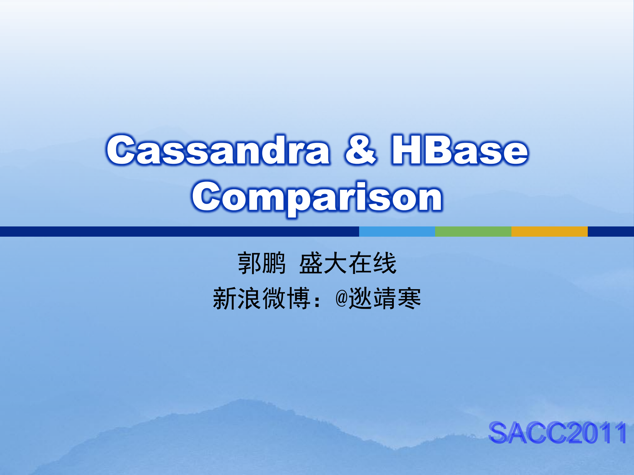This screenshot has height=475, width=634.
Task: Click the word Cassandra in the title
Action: coord(218,150)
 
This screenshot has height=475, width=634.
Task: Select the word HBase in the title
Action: coord(460,150)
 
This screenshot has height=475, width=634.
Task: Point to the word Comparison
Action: coord(317,197)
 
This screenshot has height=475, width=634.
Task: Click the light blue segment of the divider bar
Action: coord(397,231)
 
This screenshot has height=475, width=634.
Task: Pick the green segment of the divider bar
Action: coord(473,231)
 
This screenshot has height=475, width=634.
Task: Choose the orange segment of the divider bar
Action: coord(549,231)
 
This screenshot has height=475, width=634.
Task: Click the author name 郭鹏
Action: coord(261,263)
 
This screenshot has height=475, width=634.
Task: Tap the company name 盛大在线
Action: coord(348,263)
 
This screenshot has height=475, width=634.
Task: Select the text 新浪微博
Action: coord(261,298)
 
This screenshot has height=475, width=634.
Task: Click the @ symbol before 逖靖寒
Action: coord(341,298)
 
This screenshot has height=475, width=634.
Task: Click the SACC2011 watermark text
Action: coord(557,433)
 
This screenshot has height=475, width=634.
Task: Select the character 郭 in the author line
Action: coord(249,263)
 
